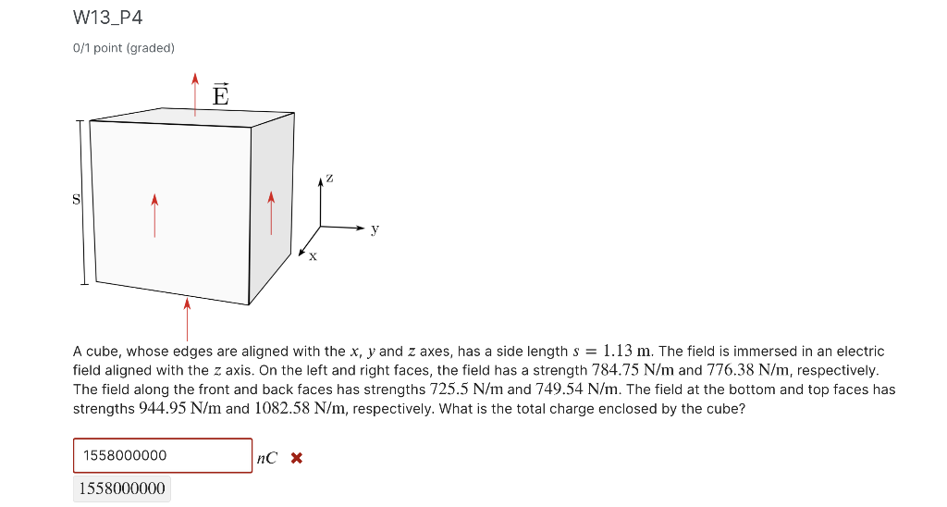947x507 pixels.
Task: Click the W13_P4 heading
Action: (x=107, y=19)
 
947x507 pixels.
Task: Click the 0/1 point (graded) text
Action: (x=124, y=47)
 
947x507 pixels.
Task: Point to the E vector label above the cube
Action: (x=220, y=94)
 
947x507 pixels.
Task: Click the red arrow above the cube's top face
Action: (x=195, y=92)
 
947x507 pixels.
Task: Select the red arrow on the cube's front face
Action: (x=154, y=215)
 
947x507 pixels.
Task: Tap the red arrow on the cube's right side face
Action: (x=271, y=213)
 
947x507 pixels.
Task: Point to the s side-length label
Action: (x=77, y=199)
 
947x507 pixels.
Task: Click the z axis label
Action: (x=329, y=176)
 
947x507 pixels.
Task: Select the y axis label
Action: (x=375, y=229)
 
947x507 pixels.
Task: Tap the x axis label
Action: (x=313, y=256)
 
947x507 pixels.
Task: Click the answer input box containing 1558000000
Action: (x=163, y=455)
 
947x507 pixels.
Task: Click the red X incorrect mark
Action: (x=296, y=457)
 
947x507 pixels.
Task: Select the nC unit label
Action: (x=266, y=457)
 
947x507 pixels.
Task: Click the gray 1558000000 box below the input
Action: (x=121, y=488)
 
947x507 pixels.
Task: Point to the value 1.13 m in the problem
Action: (x=629, y=352)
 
